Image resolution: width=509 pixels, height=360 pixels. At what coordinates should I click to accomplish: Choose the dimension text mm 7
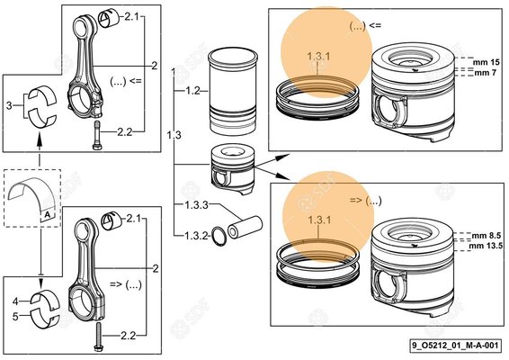tap(483, 72)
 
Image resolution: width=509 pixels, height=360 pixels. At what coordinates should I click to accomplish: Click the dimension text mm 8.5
tap(485, 233)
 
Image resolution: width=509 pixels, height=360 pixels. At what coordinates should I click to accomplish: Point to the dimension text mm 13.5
tap(486, 244)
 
